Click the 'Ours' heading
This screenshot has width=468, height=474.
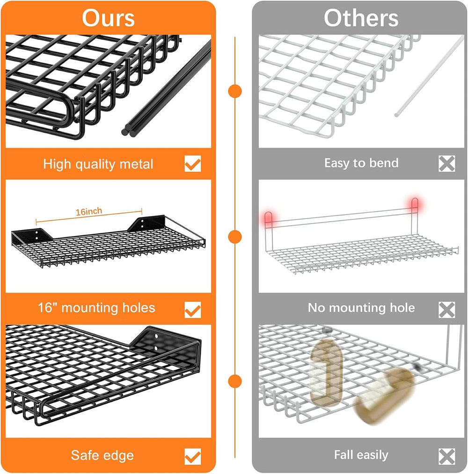click(x=108, y=18)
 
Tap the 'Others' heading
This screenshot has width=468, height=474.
click(x=361, y=18)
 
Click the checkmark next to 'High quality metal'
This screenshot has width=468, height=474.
click(x=193, y=164)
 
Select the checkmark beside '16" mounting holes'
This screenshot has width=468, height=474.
click(x=193, y=310)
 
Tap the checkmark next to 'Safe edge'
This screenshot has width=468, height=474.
click(x=193, y=456)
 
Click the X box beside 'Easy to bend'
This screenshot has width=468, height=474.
click(x=447, y=164)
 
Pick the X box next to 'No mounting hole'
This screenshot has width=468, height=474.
click(x=447, y=310)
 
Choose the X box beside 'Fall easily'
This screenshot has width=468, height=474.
click(x=447, y=456)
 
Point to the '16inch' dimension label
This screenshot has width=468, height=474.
click(x=89, y=211)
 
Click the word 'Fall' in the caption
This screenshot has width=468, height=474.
click(x=343, y=455)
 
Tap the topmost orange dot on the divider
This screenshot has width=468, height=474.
click(x=235, y=91)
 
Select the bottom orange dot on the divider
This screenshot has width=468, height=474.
click(x=235, y=381)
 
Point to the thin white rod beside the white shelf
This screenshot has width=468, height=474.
click(x=429, y=76)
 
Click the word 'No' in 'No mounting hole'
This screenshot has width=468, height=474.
click(x=317, y=308)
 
